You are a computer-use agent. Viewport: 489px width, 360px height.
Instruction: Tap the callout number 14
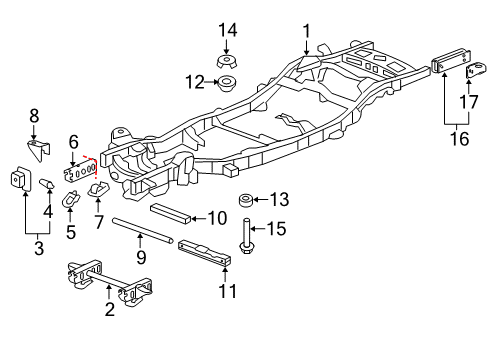click(x=228, y=29)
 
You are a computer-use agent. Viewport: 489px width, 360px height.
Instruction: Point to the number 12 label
click(x=196, y=80)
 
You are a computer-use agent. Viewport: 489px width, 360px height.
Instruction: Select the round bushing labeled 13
click(x=244, y=200)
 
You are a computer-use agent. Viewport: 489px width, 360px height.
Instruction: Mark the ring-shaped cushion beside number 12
click(x=229, y=81)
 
